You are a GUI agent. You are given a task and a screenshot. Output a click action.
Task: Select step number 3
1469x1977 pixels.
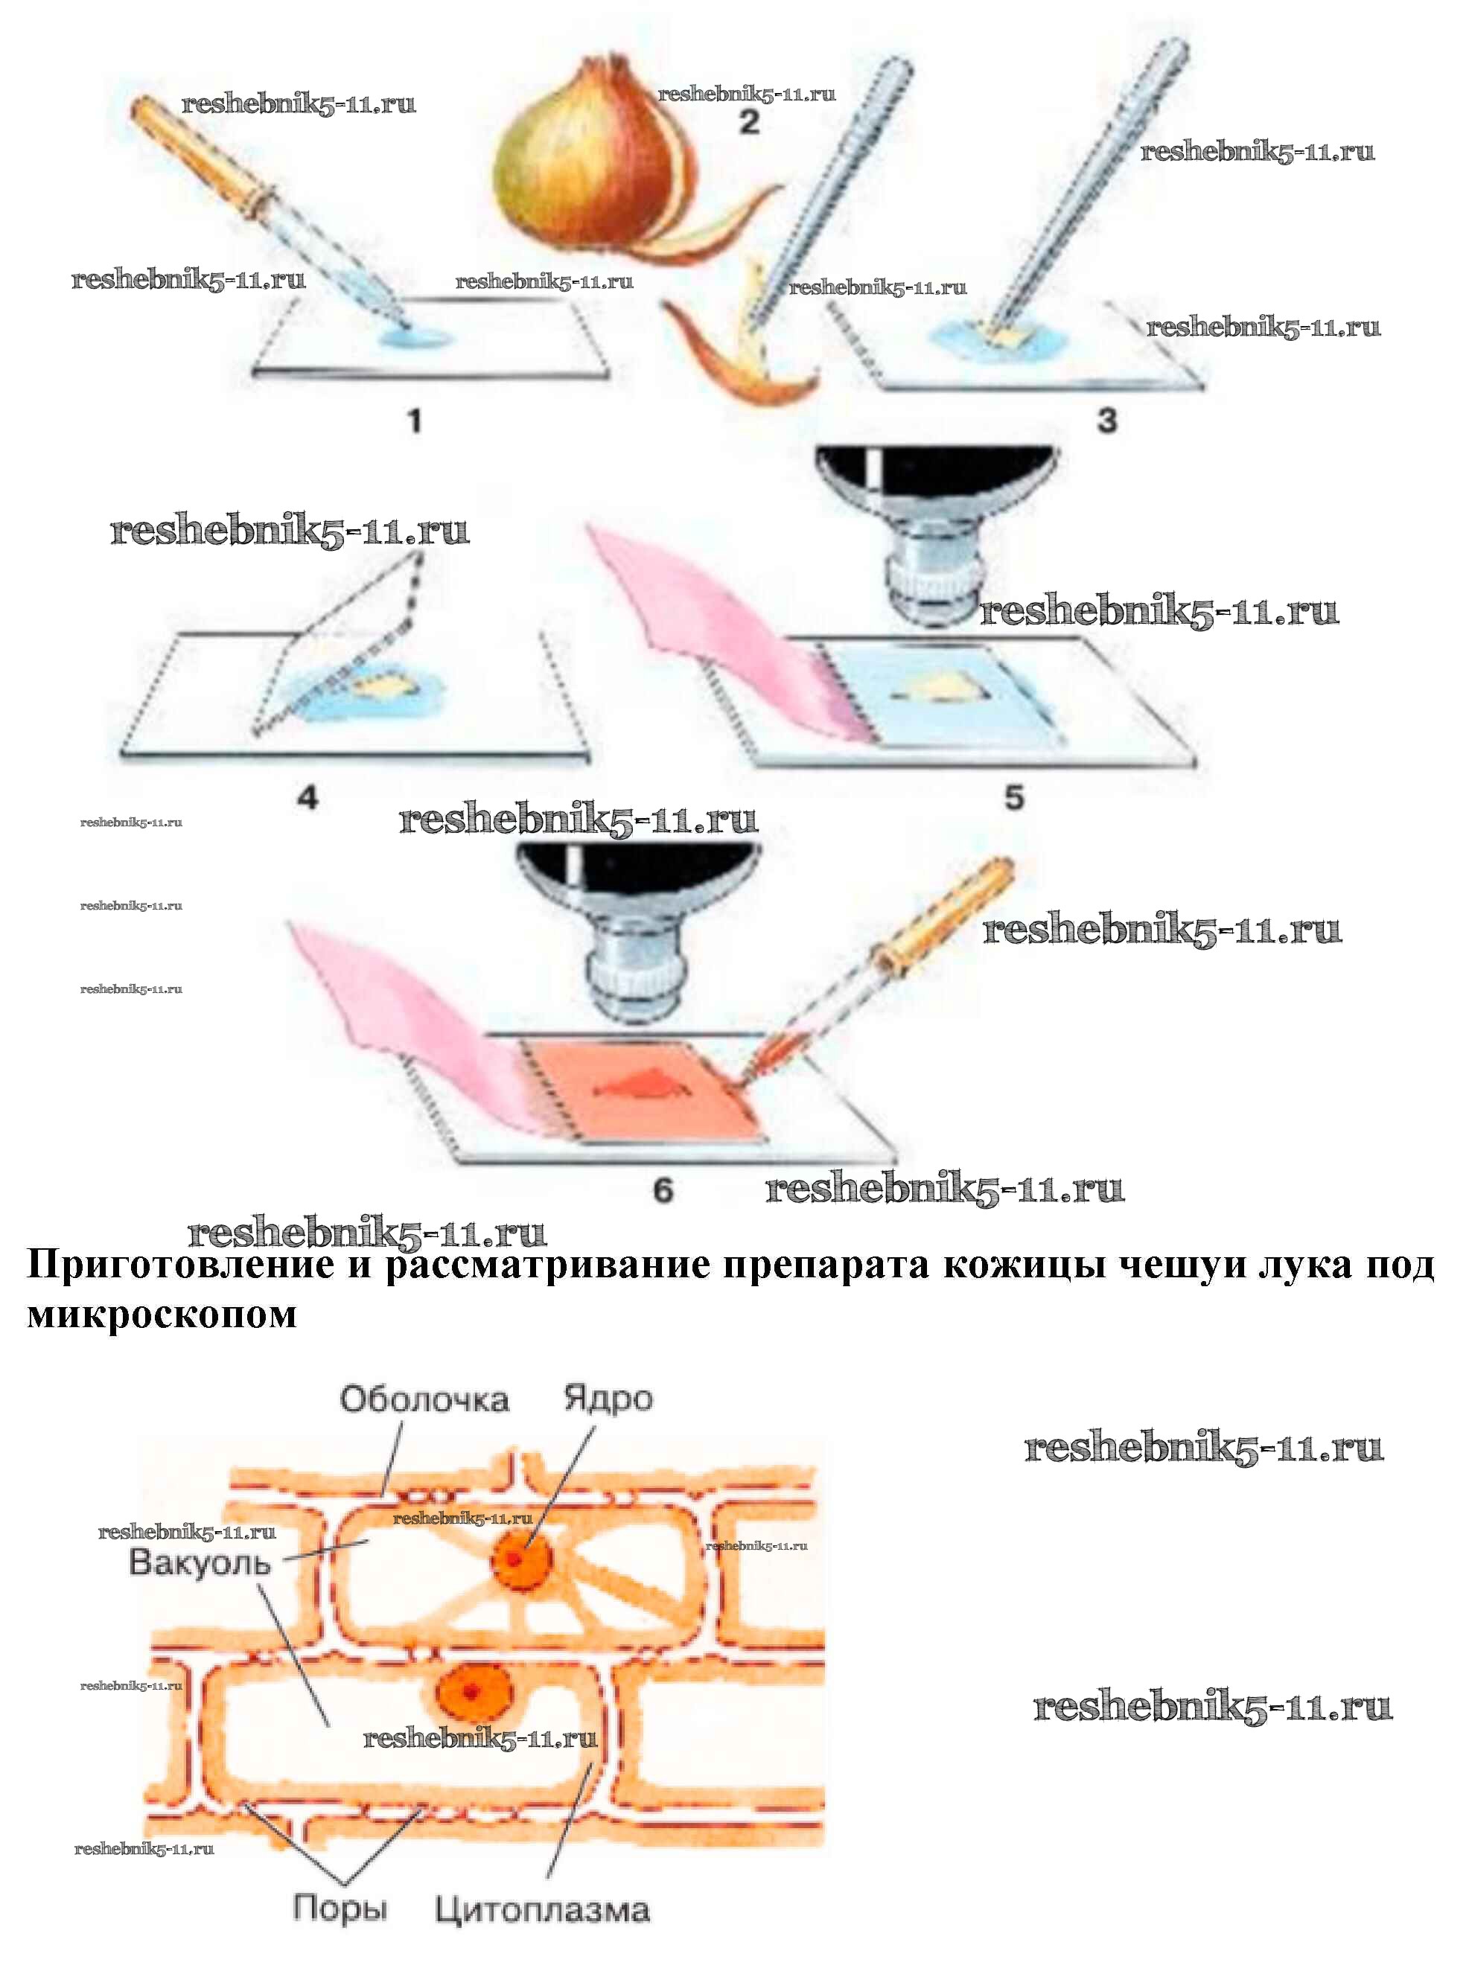pos(1106,420)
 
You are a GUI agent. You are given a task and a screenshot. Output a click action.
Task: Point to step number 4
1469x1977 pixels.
pos(307,797)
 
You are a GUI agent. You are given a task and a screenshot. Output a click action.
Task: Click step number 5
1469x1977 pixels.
pos(1015,797)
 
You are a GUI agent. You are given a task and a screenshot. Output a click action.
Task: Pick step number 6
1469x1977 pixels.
pos(663,1189)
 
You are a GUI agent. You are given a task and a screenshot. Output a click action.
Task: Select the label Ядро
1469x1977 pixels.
pos(608,1399)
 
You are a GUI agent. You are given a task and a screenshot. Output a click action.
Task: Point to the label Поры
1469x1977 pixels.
pos(340,1907)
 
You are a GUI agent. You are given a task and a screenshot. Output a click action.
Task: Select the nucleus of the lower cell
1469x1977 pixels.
pos(471,1690)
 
